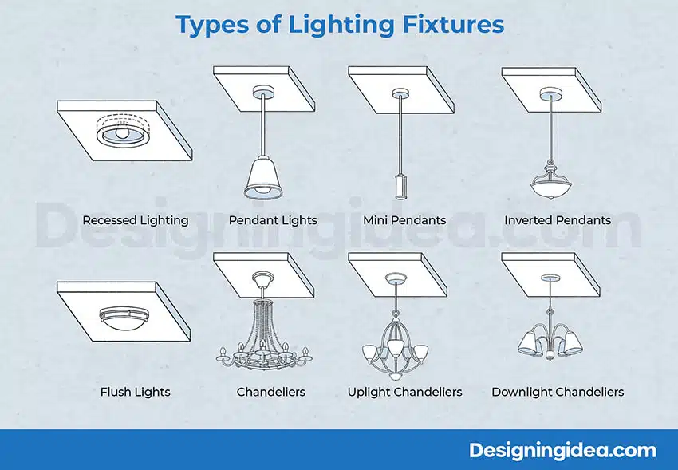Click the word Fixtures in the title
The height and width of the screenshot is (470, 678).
point(453,24)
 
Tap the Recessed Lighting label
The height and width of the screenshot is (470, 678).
point(136,220)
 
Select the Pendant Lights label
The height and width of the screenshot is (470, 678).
point(273,220)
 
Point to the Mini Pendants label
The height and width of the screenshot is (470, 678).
point(404,220)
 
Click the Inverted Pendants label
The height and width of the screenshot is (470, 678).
point(558,220)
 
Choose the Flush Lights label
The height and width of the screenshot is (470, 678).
point(136,392)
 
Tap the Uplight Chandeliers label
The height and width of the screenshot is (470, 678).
point(404,392)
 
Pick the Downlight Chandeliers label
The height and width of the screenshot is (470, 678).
point(558,392)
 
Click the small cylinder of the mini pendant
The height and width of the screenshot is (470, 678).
point(401,187)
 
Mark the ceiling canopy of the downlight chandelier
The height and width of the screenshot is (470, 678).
point(550,277)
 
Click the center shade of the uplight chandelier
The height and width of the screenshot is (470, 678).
point(396,348)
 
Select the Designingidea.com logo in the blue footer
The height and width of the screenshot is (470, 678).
point(562,450)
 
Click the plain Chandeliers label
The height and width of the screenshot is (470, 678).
point(270,392)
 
